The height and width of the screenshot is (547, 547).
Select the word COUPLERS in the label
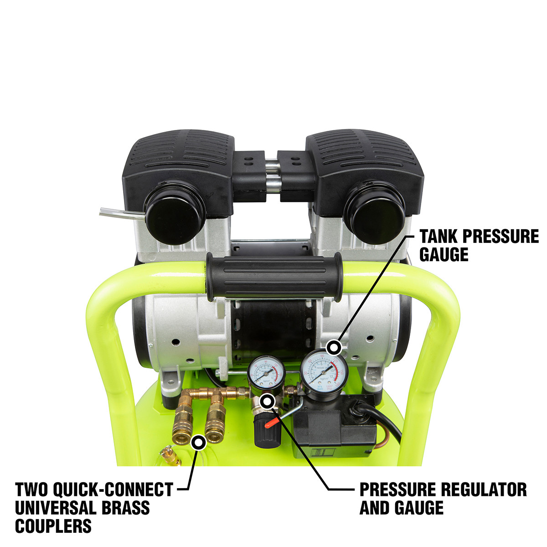53,526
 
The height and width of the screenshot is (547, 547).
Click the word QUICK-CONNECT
114,490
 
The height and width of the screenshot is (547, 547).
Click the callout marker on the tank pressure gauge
335,348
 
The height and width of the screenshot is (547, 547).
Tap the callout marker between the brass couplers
198,442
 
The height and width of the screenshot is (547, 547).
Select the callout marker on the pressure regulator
267,401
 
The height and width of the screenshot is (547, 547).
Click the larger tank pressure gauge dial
325,372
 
